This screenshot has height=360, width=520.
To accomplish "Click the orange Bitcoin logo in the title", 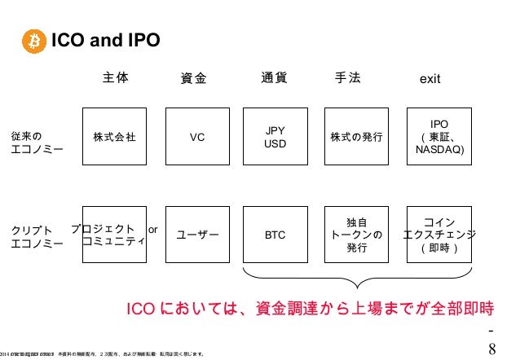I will [x=34, y=40].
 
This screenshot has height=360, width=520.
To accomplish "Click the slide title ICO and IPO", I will [x=105, y=40].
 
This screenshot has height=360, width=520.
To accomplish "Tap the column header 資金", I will [x=193, y=79].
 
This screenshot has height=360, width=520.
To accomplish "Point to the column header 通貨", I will [x=274, y=78].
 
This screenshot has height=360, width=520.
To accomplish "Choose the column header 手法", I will [x=349, y=78].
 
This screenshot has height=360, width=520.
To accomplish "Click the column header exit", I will [x=430, y=80].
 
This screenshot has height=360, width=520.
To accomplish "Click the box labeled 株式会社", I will [x=115, y=138].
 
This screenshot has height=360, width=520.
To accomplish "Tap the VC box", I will [x=196, y=138].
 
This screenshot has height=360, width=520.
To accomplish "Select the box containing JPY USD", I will [x=275, y=138].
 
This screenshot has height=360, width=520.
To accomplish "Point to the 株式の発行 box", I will [x=357, y=138].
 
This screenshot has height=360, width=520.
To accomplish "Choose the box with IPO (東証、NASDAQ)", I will [x=438, y=138].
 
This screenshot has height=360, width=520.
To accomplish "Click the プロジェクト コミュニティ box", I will [x=115, y=234].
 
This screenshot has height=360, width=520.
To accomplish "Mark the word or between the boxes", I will [x=152, y=229].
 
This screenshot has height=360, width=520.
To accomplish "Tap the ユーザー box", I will [x=196, y=235].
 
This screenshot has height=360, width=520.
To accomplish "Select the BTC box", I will [x=275, y=235].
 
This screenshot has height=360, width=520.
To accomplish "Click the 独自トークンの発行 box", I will [x=357, y=235].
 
